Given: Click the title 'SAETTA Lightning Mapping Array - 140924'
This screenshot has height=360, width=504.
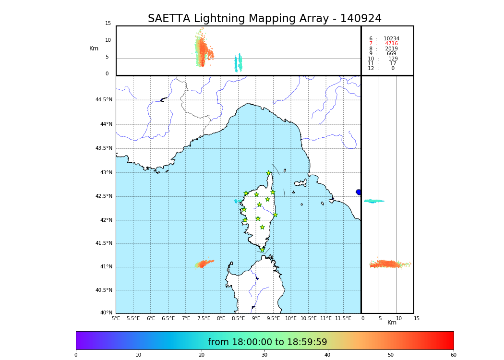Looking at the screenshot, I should pos(264,19).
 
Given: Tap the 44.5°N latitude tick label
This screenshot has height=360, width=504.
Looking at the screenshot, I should pos(104,100).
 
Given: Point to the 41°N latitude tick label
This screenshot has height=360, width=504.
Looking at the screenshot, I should pos(106,267).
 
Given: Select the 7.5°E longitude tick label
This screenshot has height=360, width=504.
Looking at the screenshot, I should pos(204,318).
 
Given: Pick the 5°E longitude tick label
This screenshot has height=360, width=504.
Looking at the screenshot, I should pos(116,318).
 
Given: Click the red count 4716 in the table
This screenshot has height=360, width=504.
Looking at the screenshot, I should pos(391,44).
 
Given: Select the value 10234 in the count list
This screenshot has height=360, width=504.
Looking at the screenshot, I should pos(391,39).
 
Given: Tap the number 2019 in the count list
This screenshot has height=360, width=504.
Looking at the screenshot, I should pos(391,49).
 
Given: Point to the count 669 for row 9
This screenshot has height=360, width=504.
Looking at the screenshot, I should pos(391,54).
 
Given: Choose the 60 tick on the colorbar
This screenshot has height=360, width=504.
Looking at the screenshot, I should pos(453,355).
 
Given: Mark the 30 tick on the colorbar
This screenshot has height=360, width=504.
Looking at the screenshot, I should pos(264,355).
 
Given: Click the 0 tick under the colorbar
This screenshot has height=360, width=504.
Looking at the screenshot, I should pos(76,355).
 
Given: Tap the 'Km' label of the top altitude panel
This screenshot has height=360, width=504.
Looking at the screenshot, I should pos(94,48).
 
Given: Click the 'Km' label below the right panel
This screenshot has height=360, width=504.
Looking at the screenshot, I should pos(392,323).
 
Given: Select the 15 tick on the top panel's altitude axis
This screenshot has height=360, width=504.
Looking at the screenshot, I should pos(108,24).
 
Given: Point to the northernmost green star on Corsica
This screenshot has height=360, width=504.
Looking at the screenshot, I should pos(269,173).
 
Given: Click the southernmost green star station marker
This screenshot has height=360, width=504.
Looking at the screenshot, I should pos(262,250).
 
